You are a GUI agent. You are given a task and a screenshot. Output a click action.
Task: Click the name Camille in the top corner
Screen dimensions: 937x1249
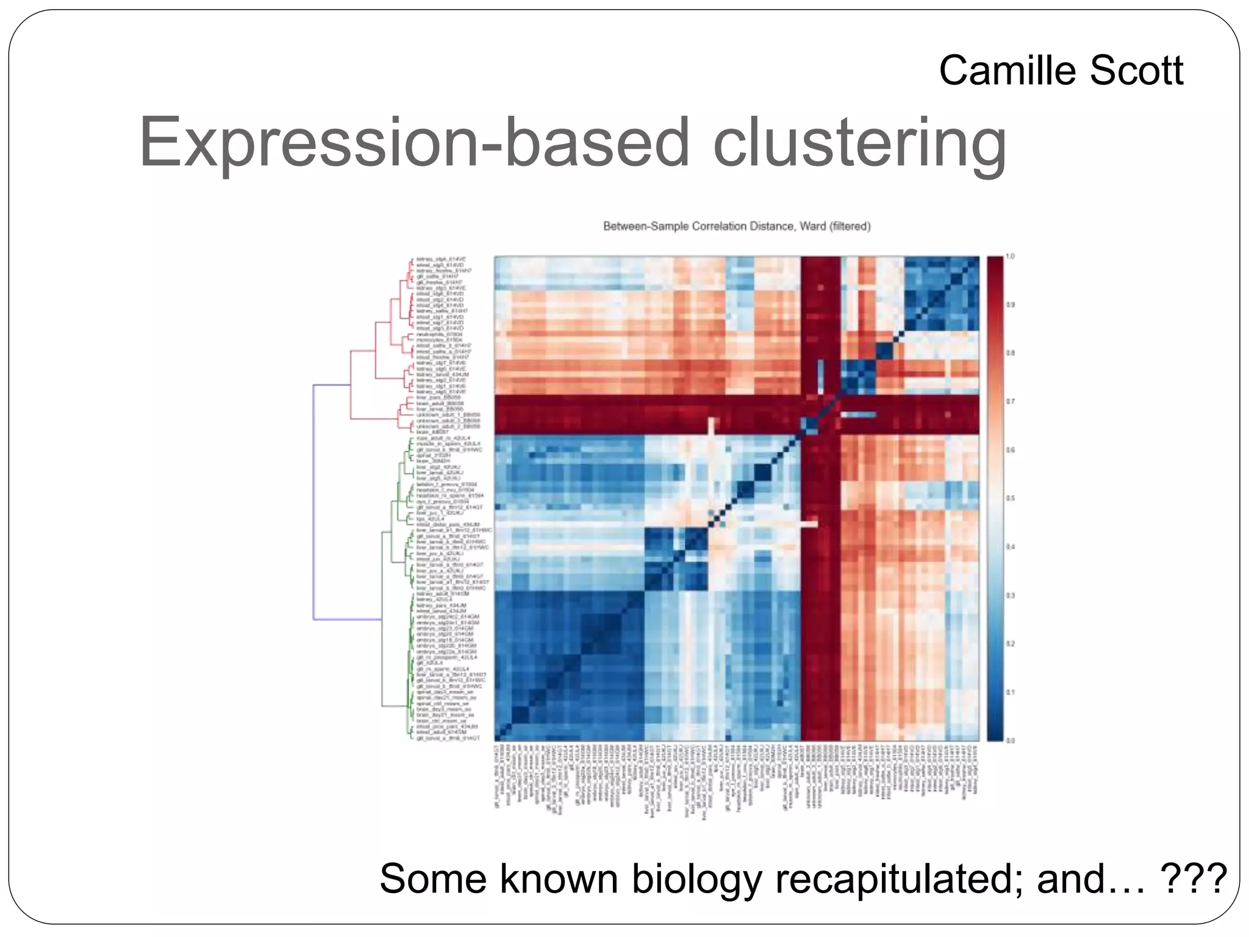[1009, 70]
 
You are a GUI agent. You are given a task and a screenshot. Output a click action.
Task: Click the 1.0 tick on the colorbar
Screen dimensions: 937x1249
[1010, 257]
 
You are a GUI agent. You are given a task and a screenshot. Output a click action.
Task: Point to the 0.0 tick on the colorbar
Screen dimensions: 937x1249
[1010, 741]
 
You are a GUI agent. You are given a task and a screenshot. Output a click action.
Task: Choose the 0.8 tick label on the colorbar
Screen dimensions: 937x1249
[1010, 353]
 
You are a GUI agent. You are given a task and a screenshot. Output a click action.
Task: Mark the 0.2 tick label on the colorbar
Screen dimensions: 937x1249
[1010, 644]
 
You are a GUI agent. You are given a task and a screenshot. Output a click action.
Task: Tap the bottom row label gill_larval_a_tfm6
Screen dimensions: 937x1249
[448, 738]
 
